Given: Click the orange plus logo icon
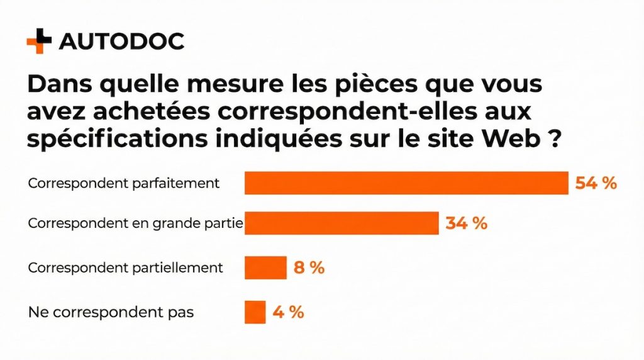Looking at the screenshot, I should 39,41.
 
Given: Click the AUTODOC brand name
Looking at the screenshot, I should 121,42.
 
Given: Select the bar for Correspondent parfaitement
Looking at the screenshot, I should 406,183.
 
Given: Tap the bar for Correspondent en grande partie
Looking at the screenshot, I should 341,223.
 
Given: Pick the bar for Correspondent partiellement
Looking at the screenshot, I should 265,267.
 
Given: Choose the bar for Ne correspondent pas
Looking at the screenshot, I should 255,312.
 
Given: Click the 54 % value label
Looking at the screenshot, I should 596,183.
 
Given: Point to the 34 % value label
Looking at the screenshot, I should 466,223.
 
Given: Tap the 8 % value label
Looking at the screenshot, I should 309,267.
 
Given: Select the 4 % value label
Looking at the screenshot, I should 288,312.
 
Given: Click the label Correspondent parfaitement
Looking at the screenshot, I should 124,184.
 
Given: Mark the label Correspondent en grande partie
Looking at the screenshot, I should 136,223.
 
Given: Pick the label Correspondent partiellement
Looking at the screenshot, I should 126,267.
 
